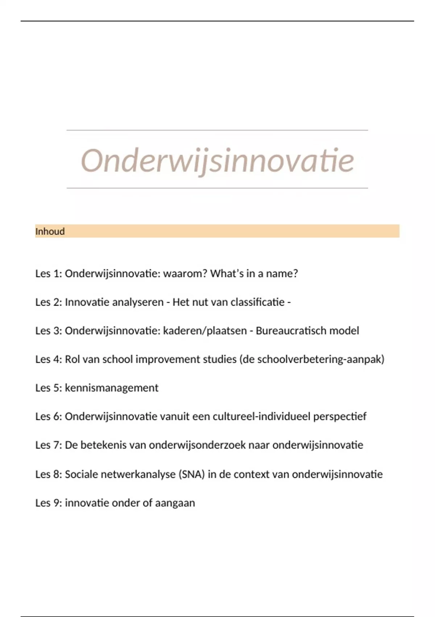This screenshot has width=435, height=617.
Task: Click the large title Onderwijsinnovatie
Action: (x=217, y=160)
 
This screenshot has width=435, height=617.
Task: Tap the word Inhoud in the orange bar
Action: (x=50, y=231)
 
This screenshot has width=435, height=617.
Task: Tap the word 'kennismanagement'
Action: (x=112, y=388)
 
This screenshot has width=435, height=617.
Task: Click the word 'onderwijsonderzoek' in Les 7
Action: (x=197, y=445)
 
